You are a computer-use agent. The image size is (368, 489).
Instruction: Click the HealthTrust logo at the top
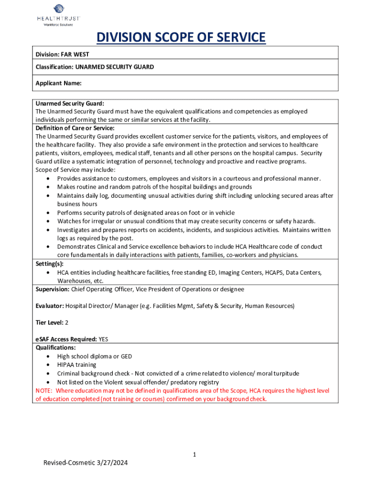click(x=59, y=14)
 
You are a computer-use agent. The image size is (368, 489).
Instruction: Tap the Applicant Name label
click(x=58, y=83)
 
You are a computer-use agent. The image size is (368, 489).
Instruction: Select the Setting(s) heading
click(x=50, y=264)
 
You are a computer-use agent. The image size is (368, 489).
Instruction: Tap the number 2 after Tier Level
click(x=66, y=322)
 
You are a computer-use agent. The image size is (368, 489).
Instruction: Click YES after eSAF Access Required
click(x=103, y=340)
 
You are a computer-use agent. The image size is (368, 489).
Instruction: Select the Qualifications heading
click(x=55, y=348)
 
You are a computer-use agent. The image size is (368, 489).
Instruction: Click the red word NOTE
click(x=44, y=391)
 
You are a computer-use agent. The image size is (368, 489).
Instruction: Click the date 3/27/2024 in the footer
click(x=114, y=463)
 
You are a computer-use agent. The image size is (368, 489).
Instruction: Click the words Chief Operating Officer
click(x=105, y=289)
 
